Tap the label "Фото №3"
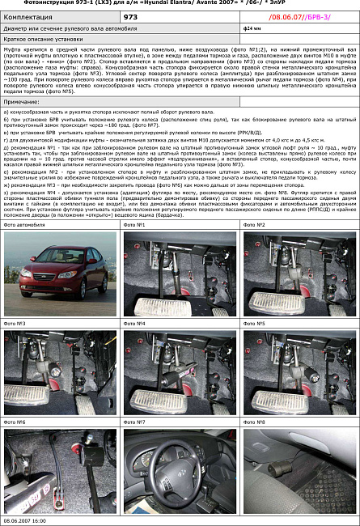coord(15,324)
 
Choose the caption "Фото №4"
coord(134,324)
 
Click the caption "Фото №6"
coord(15,422)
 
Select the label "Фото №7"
coord(134,422)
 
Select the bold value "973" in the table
coord(130,16)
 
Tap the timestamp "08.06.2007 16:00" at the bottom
coord(25,521)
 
